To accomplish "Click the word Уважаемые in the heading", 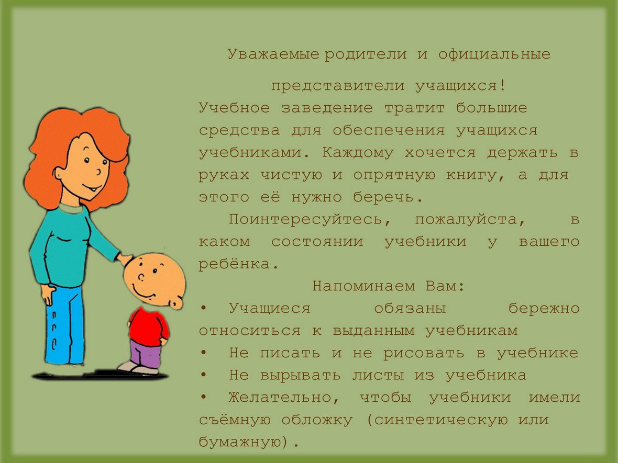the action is click(273, 54).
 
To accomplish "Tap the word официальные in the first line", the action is click(494, 54).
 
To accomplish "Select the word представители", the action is click(338, 86).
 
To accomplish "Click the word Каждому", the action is click(358, 153).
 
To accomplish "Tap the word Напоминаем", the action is click(363, 286).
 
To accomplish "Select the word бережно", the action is click(544, 308).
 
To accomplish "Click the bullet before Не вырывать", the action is click(203, 375).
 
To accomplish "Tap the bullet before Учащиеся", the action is click(203, 308).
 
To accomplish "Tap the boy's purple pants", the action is click(145, 354).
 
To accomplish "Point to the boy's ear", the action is click(176, 302).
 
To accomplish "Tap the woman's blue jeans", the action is click(65, 323).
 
